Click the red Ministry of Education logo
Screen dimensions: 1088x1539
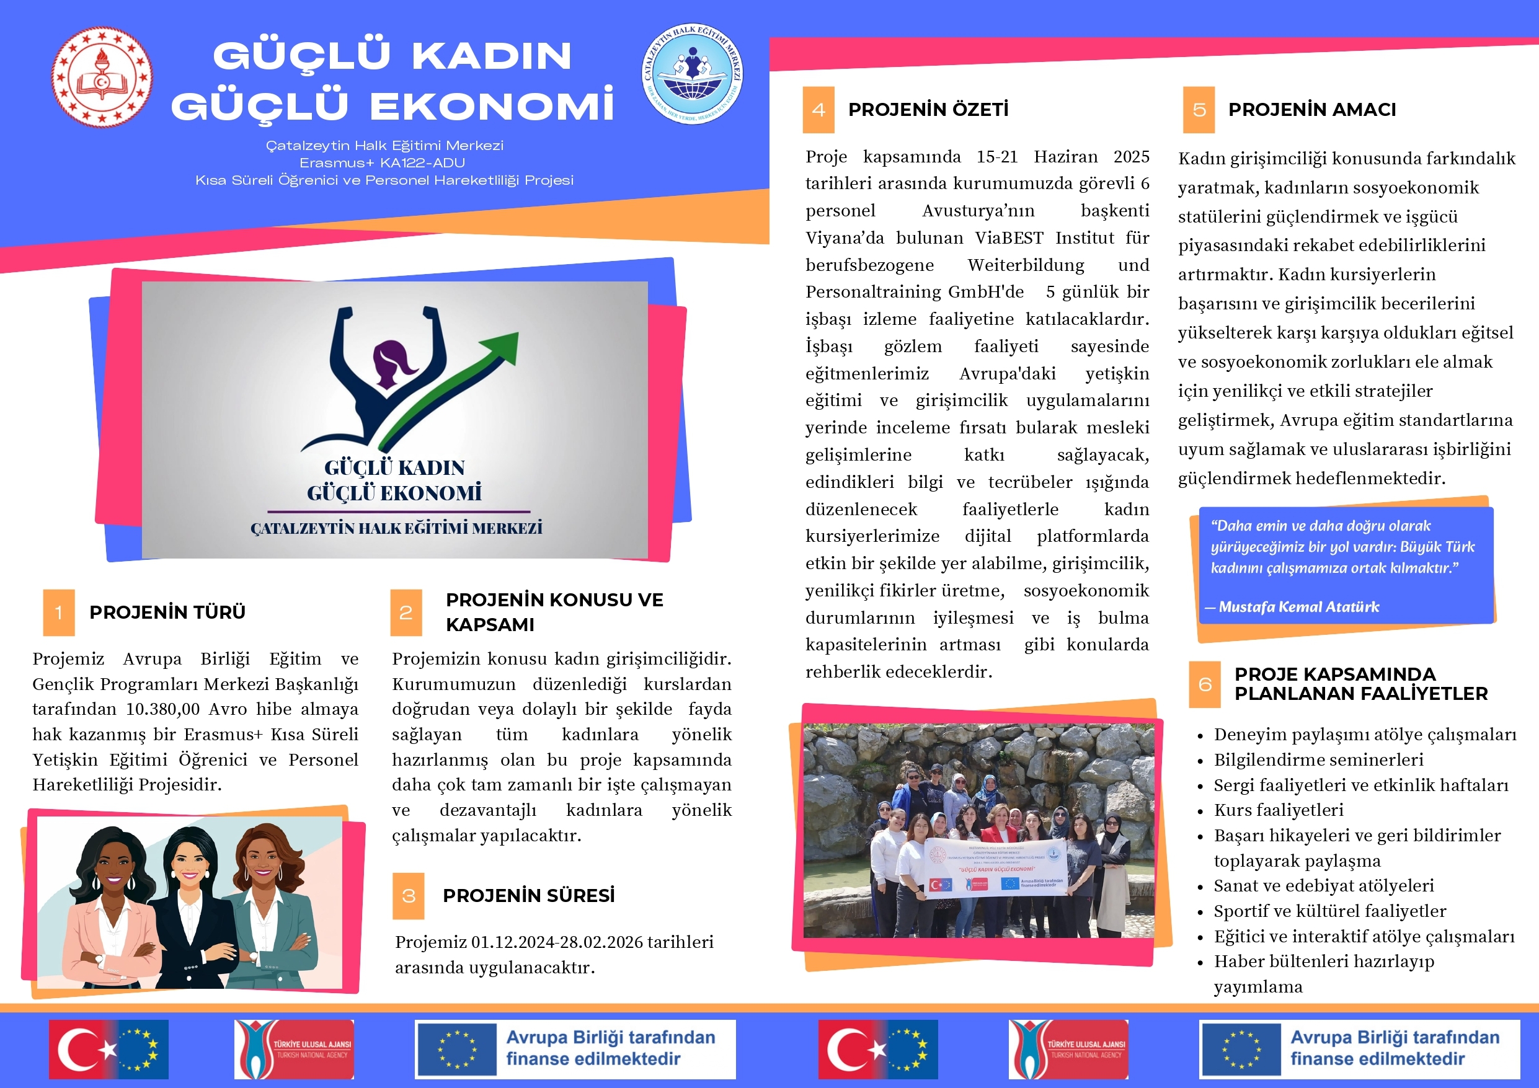[x=102, y=77]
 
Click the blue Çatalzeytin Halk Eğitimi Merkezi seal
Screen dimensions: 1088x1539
[x=692, y=74]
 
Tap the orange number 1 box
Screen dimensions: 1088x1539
[x=59, y=612]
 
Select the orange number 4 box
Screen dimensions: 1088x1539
[x=818, y=109]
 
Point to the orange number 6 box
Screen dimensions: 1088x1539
[x=1205, y=684]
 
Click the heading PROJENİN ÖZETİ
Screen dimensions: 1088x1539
[x=928, y=109]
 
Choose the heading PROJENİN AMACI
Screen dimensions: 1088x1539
[x=1312, y=109]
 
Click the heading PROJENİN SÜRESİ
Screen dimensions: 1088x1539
[x=528, y=895]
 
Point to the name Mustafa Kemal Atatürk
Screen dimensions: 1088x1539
[x=1298, y=607]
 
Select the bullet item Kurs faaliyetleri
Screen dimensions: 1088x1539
[x=1278, y=810]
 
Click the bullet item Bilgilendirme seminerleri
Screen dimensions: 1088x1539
[x=1318, y=759]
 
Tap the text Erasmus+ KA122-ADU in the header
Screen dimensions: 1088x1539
[x=382, y=163]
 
